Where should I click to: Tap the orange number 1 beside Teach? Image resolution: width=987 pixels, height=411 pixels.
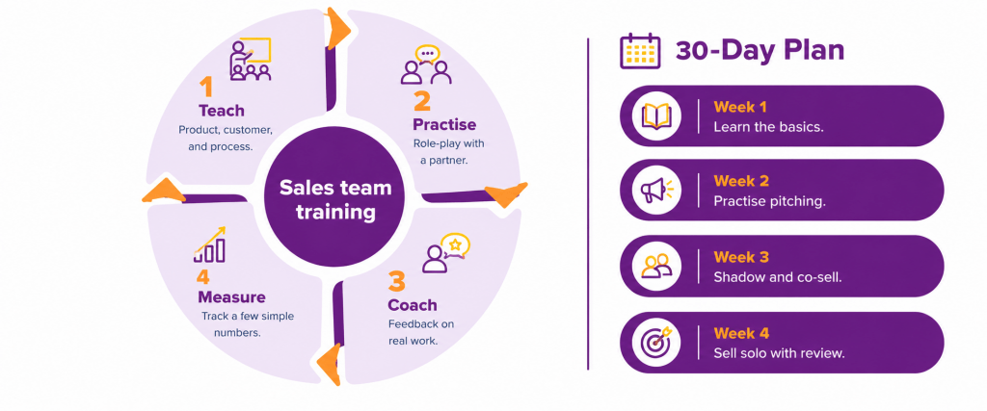pos(206,88)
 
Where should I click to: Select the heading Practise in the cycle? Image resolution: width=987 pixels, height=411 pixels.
pos(444,124)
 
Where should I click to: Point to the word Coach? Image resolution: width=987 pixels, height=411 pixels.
pos(413,305)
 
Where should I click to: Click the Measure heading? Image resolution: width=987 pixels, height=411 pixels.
pos(231,297)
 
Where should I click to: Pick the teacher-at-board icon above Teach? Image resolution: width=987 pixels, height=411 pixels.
pos(250,60)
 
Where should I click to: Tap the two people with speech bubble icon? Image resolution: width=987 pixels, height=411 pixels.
pos(427,64)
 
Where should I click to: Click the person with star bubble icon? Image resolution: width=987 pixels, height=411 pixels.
pos(446,252)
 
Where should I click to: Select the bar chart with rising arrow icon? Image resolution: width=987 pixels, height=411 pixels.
pos(209,244)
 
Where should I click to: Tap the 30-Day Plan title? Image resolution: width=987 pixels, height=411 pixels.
pos(760,51)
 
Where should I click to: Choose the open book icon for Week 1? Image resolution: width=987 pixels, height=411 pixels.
pos(656,116)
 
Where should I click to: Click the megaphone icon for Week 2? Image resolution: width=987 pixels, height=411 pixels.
pos(656,191)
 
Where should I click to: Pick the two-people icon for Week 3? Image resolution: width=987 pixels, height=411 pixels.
pos(656,267)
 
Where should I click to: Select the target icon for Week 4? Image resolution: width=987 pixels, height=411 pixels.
pos(656,343)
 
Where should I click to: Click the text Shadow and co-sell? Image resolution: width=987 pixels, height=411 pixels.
pos(778,277)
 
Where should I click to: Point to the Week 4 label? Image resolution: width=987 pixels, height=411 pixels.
pos(741,333)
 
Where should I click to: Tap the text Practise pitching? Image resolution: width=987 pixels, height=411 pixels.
pos(769,201)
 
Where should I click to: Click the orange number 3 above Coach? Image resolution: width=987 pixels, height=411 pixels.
pos(396,282)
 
